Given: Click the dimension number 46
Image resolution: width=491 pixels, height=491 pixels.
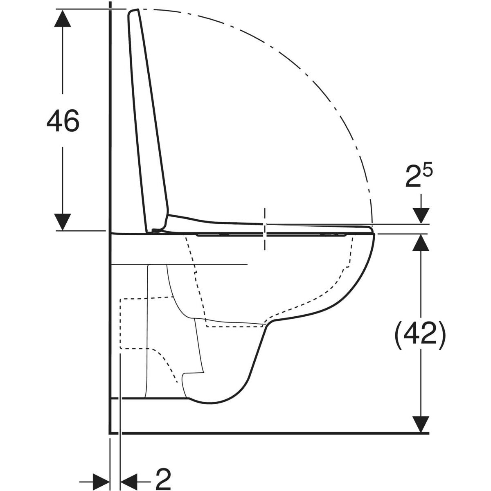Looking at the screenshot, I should (62, 121).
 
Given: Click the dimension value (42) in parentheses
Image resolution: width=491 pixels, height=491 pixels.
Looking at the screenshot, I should (420, 336).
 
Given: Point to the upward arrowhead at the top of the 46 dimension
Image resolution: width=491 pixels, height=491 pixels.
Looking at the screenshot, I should (62, 18).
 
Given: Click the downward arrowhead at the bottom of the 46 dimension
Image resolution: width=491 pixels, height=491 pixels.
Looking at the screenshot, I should (62, 221).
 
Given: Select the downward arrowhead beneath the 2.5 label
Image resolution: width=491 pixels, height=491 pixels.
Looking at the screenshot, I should (421, 215).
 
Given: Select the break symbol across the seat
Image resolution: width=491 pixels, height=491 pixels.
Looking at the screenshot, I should (265, 229).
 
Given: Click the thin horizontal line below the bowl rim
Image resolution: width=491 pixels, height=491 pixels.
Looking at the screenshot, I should (180, 264).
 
